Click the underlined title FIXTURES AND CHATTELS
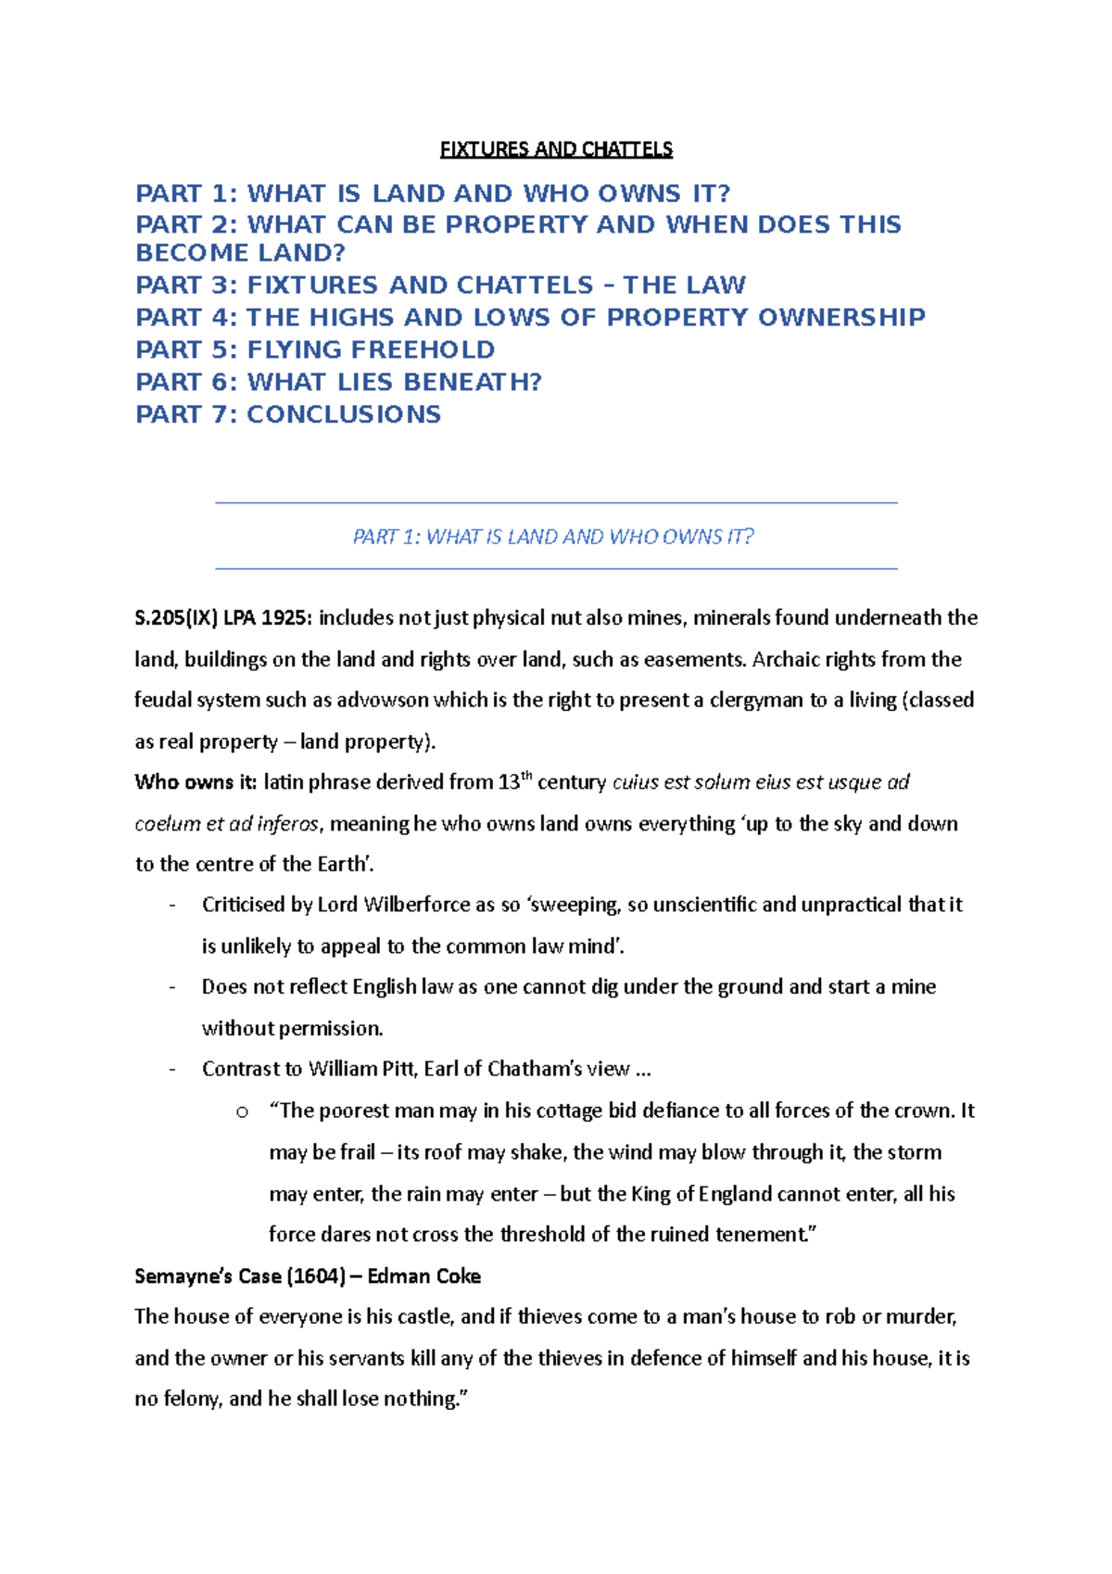pos(556,149)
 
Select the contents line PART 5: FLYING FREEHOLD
pos(315,349)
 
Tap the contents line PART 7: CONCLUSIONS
pos(288,414)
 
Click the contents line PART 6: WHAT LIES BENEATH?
pos(338,382)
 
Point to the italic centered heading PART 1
pos(553,537)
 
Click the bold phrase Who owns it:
pos(196,782)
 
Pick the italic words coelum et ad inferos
pos(227,824)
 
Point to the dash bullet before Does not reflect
pos(172,987)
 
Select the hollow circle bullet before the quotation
pos(242,1111)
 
